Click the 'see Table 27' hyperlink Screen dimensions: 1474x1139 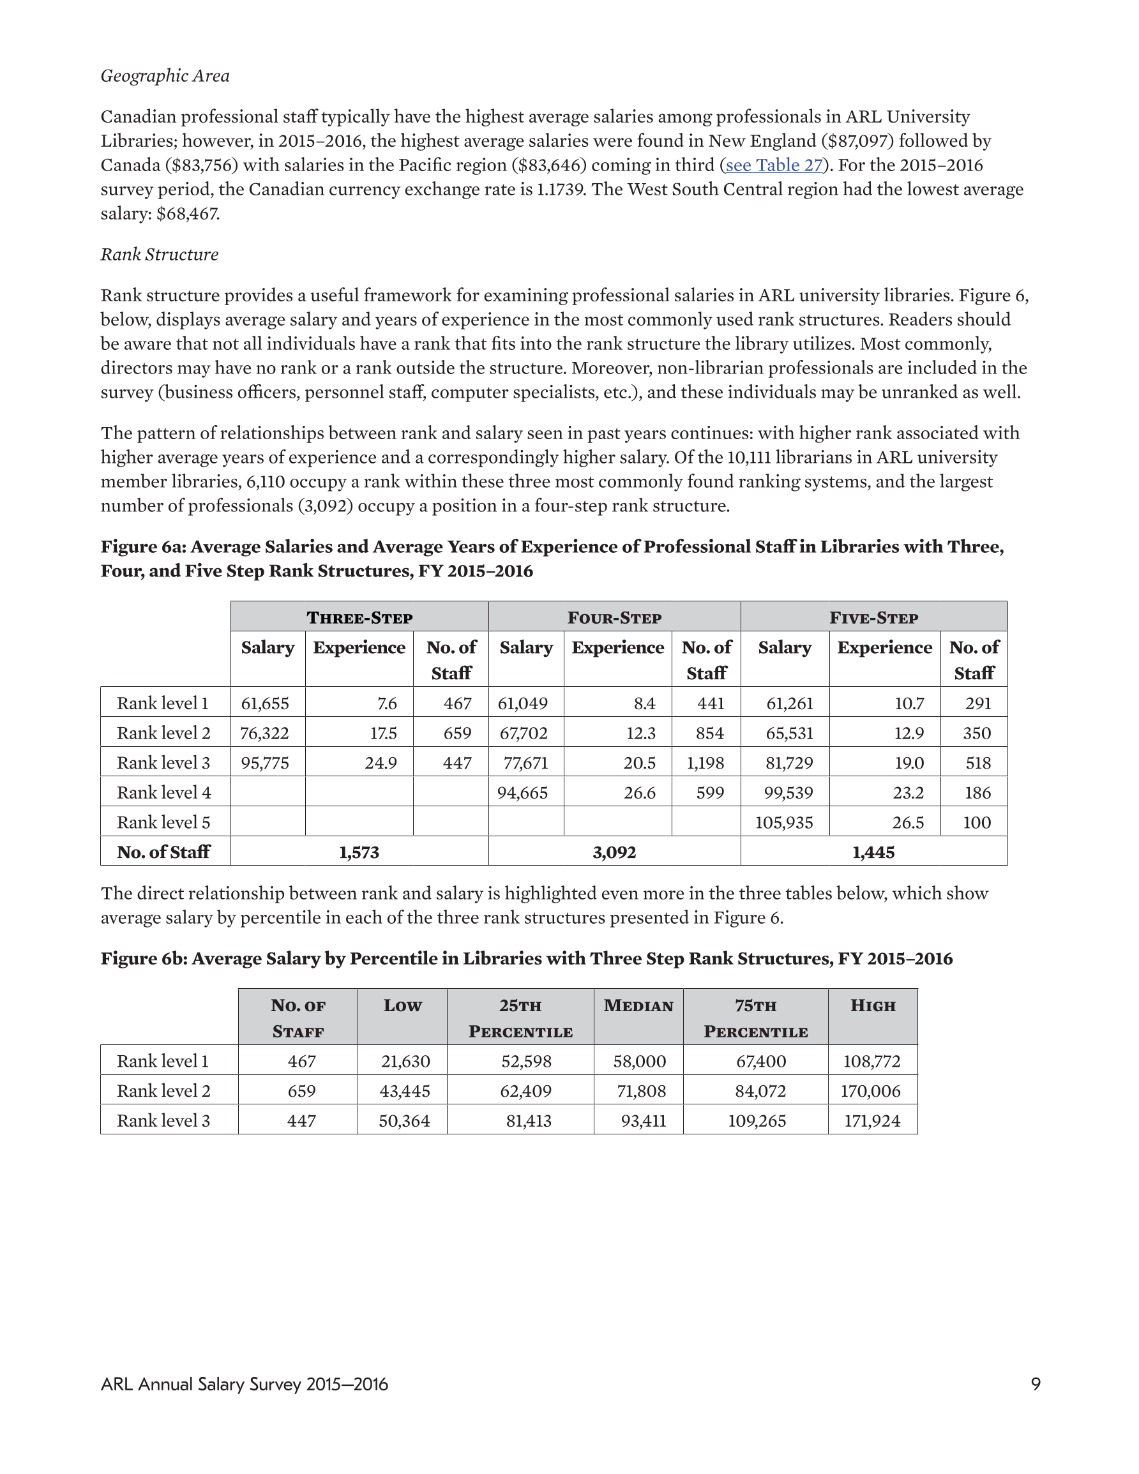click(x=774, y=165)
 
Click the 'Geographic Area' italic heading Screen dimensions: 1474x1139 click(x=165, y=75)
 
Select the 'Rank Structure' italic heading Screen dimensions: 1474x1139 click(x=160, y=255)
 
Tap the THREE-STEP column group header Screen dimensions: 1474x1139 click(x=359, y=617)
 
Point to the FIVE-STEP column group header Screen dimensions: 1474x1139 click(x=873, y=617)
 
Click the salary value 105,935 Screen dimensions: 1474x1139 click(x=784, y=823)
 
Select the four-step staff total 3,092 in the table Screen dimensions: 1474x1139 click(x=614, y=852)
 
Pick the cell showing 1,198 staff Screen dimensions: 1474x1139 click(x=705, y=763)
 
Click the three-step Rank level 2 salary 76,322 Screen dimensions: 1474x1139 click(x=265, y=733)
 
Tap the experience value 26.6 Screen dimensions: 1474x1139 click(x=639, y=793)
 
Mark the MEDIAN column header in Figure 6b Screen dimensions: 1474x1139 click(x=638, y=1006)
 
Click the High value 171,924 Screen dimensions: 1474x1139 click(x=872, y=1121)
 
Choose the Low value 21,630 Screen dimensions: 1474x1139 click(x=405, y=1062)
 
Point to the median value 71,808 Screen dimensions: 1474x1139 click(x=641, y=1092)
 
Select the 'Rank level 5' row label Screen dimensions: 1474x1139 click(x=163, y=823)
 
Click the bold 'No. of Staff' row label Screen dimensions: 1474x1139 click(x=163, y=852)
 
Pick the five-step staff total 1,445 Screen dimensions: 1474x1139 click(x=873, y=852)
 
